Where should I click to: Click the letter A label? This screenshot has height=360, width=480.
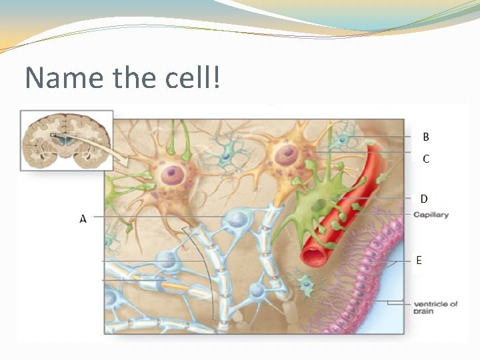tap(83, 218)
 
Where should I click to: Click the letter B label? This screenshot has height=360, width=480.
tap(426, 137)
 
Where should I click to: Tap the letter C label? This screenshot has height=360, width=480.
tap(426, 159)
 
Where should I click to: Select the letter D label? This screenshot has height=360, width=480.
tap(424, 199)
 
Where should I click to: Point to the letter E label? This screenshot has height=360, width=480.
tap(419, 261)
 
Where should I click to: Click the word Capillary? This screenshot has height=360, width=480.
tap(431, 215)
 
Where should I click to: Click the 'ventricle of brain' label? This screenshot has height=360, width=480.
tap(435, 307)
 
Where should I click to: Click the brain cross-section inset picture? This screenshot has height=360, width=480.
tap(66, 140)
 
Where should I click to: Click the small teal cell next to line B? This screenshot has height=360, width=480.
tap(343, 139)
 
